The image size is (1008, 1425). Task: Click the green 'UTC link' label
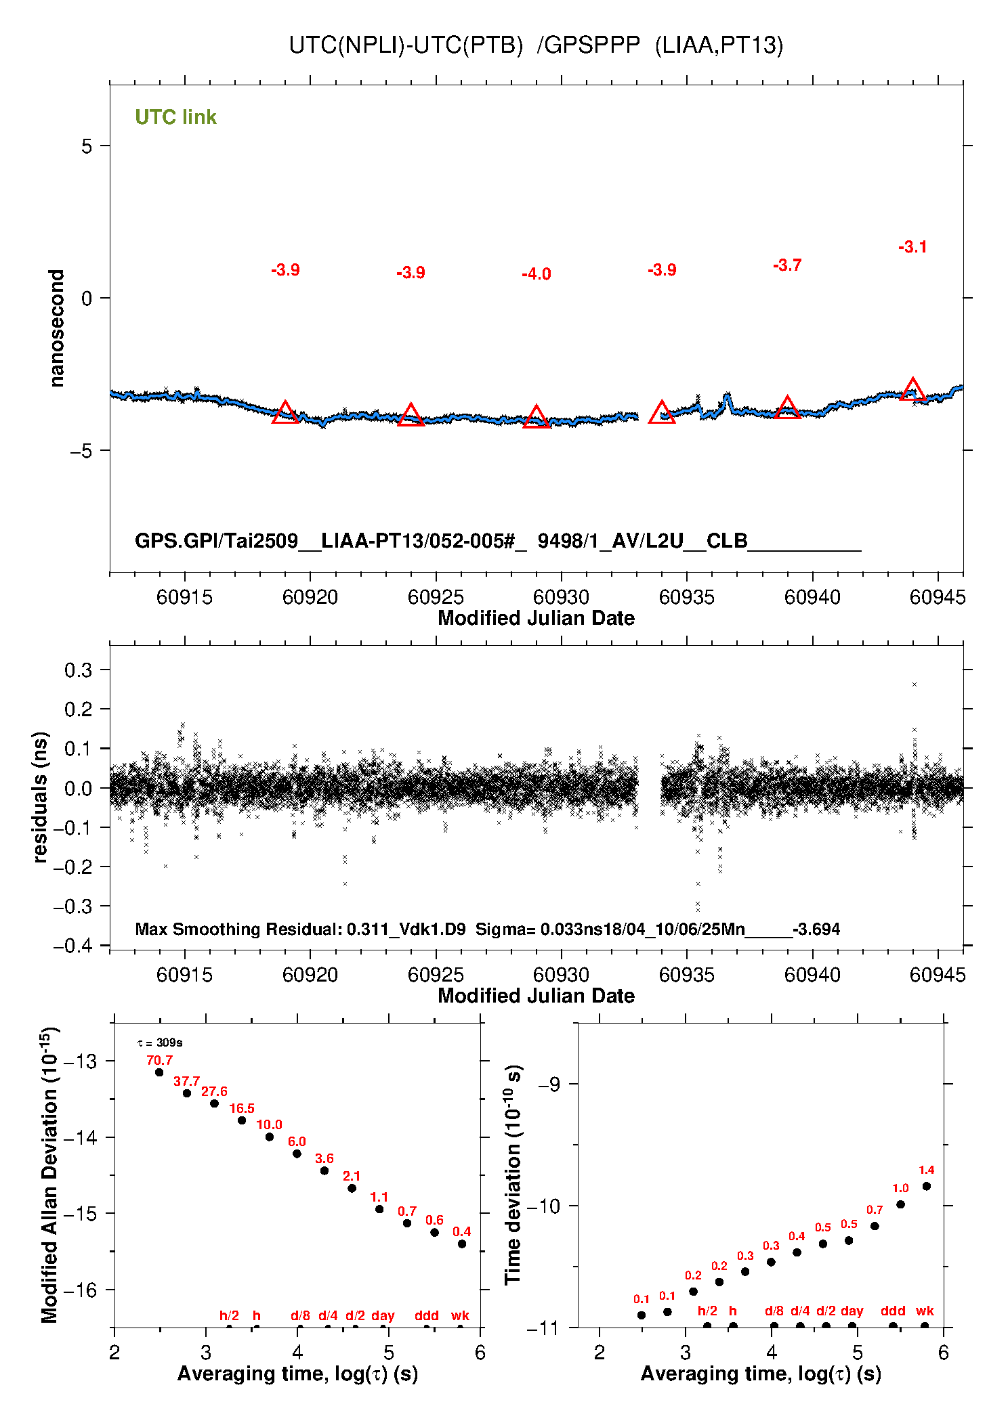(175, 117)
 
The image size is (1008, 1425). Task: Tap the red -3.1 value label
(912, 247)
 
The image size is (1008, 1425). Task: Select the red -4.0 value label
(536, 274)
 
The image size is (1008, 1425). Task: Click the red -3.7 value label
(787, 265)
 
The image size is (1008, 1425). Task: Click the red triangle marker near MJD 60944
(912, 390)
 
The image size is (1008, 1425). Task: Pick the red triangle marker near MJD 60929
(536, 417)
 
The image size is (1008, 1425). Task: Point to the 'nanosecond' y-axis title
(56, 328)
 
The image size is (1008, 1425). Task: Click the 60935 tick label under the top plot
(686, 597)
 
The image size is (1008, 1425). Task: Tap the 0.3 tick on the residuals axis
(79, 670)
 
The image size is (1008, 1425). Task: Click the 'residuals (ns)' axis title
(40, 797)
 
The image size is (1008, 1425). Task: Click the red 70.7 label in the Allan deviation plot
(160, 1060)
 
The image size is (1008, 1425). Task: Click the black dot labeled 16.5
(242, 1120)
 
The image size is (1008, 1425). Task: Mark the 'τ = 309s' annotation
(160, 1043)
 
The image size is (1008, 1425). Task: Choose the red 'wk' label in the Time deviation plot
(925, 1311)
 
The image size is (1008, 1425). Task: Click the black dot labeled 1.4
(926, 1186)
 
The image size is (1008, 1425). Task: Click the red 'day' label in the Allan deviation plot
(383, 1315)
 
